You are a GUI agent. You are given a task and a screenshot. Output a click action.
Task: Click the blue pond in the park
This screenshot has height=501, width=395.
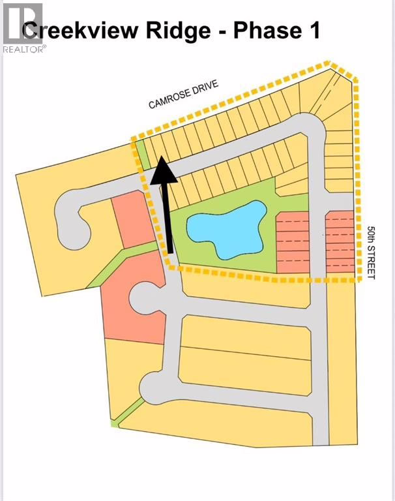(227, 229)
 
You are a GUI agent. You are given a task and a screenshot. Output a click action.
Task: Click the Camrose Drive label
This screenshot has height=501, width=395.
(184, 94)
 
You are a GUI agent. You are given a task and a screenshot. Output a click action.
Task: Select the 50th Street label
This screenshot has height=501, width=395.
(371, 252)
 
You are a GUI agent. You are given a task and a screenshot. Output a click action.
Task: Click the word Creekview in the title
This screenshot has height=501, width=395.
(80, 31)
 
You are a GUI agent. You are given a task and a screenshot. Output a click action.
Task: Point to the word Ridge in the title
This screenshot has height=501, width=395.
(179, 31)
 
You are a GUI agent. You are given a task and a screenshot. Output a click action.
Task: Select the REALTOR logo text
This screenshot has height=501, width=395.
(24, 49)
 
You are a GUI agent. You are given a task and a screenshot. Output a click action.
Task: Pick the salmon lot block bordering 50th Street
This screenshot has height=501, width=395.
(340, 242)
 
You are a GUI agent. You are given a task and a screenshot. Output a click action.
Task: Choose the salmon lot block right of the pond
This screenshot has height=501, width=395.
(293, 242)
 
